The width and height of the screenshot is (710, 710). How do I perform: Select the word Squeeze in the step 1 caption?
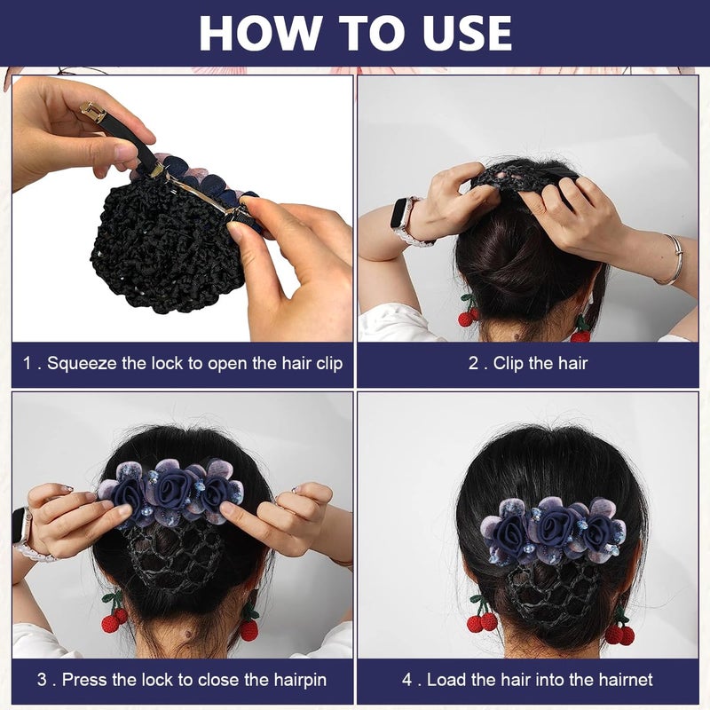[82, 363]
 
